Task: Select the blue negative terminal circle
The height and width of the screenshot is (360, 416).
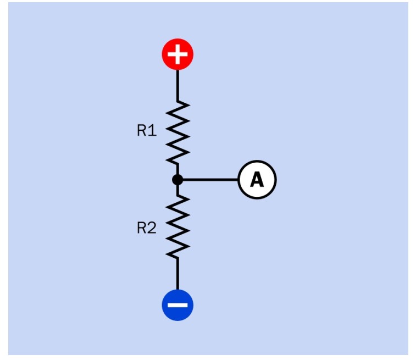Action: (178, 304)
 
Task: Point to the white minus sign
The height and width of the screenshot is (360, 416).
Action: (178, 304)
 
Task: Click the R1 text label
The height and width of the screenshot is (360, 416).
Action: (147, 131)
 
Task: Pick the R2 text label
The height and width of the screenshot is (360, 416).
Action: (147, 229)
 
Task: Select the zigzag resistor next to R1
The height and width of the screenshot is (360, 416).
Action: (178, 132)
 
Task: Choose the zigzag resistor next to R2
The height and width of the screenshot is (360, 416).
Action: (178, 226)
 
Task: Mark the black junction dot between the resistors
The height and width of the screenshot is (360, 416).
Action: (177, 180)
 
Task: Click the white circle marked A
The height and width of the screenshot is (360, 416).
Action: (257, 180)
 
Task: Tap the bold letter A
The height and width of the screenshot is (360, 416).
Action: (257, 180)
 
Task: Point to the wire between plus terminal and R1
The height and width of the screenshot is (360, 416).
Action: (178, 85)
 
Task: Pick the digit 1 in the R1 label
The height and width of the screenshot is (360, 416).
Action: (153, 131)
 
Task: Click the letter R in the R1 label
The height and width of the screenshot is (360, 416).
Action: (142, 131)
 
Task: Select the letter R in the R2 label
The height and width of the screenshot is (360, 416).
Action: (141, 229)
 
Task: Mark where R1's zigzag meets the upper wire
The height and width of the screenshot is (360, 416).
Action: (178, 101)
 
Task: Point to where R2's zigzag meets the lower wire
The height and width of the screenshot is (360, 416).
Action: (178, 258)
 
